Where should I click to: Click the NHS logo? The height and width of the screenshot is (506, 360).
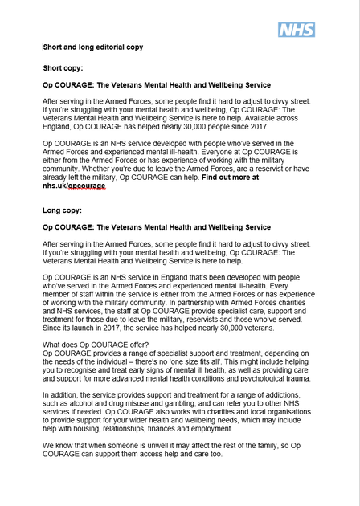tap(296, 30)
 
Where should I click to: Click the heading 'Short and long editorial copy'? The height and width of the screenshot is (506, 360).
tap(93, 47)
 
